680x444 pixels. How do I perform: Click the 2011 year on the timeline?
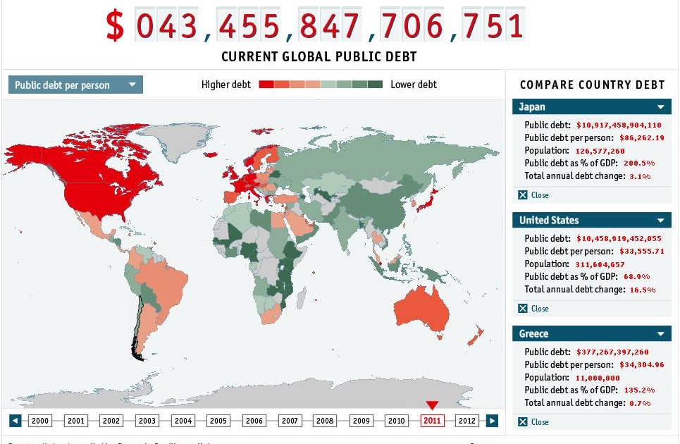coord(432,421)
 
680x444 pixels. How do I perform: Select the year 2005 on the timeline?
coord(218,421)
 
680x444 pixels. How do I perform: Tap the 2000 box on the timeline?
coord(40,421)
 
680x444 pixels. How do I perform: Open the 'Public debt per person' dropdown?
coord(75,85)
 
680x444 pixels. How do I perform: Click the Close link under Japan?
coord(539,195)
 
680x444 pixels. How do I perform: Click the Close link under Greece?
coord(539,422)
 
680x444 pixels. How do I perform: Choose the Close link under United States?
coord(539,309)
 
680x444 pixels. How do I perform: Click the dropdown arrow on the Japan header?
coord(661,107)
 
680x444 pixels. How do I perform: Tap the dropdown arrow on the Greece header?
coord(661,334)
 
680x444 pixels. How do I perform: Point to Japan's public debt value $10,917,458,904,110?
coord(619,125)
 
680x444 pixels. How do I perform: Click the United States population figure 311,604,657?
coord(600,264)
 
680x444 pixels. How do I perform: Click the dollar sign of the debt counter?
coord(115,26)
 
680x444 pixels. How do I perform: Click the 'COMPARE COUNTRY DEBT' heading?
coord(592,85)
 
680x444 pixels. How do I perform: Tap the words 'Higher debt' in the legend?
coord(225,85)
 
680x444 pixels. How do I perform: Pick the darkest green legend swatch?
coord(375,85)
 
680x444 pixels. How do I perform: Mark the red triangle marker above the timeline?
coord(432,405)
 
